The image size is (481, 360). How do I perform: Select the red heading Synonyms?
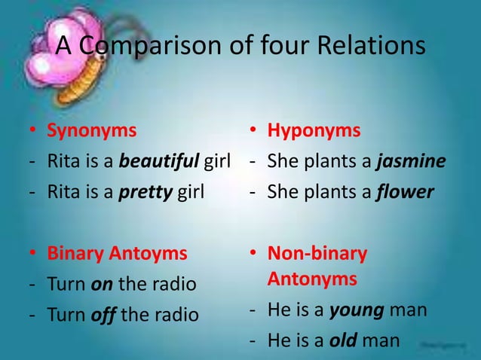click(92, 130)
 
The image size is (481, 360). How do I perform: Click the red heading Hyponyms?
click(314, 130)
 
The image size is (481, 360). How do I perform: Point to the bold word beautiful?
click(160, 161)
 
